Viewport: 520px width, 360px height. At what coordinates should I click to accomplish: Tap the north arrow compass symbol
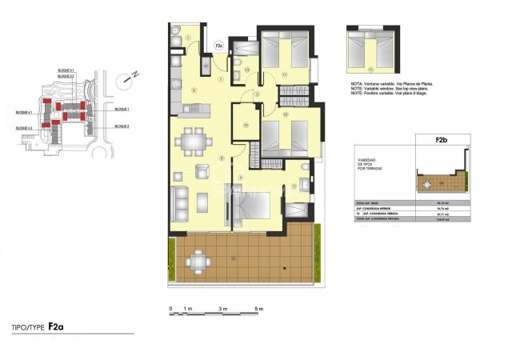coord(129,78)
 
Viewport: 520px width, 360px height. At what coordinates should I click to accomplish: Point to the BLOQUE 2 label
coord(122,126)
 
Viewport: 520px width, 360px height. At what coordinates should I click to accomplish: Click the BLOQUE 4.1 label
coord(24,112)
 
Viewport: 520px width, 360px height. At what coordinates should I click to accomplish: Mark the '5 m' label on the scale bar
coord(258,308)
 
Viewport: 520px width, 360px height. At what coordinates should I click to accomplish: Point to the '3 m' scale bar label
coord(222,308)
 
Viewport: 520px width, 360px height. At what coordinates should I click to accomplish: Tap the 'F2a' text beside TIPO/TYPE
coord(56,326)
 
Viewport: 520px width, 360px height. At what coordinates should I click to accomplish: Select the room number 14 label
coord(246,125)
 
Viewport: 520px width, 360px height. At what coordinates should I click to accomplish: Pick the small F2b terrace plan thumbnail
coord(441,183)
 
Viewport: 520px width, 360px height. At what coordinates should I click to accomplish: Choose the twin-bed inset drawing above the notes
coord(371,52)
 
